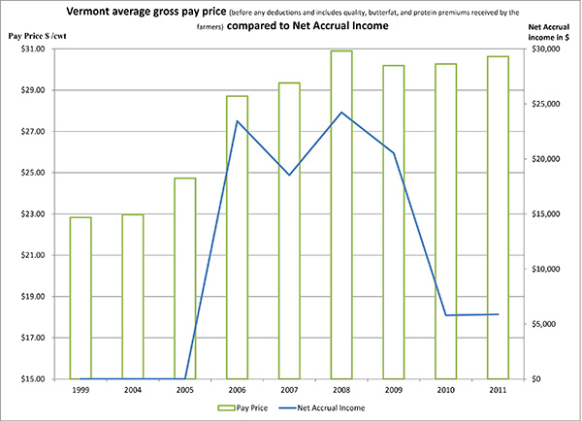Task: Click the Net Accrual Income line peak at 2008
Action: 340,113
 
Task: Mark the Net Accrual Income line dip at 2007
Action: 289,175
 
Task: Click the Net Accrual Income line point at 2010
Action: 445,315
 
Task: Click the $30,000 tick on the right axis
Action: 546,49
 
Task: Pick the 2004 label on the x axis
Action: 133,390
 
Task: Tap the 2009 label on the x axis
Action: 393,390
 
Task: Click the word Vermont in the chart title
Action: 123,13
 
